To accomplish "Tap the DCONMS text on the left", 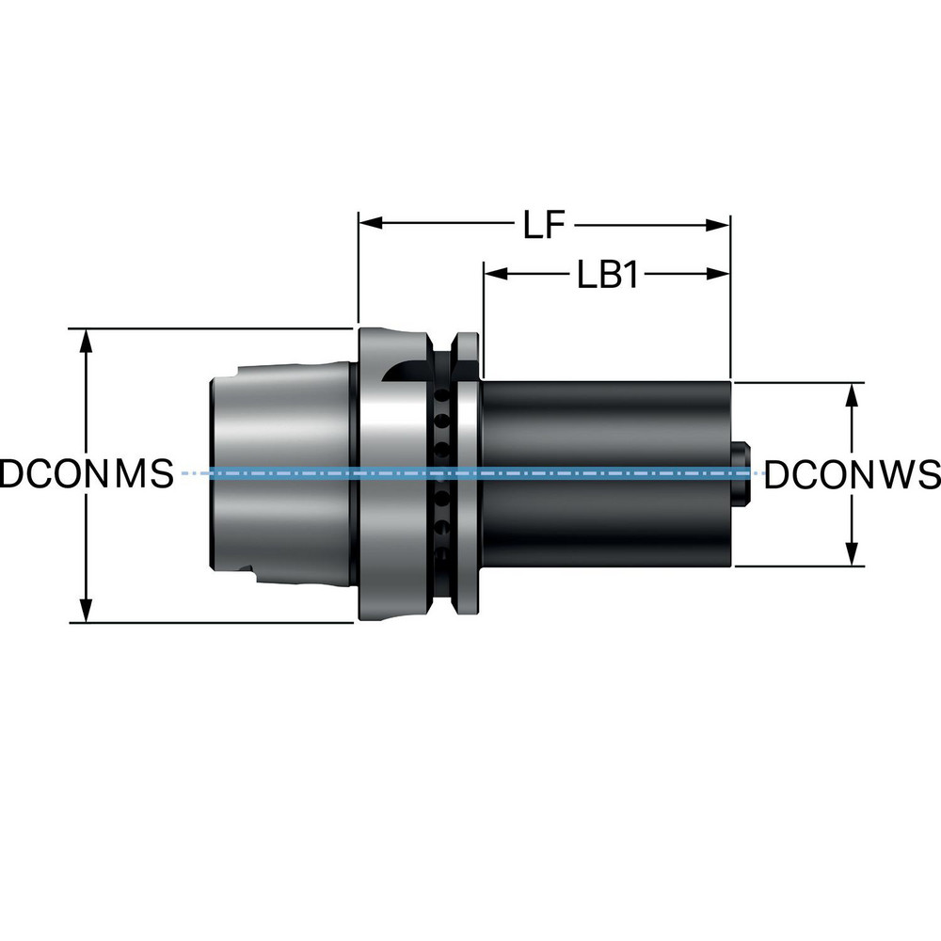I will (87, 473).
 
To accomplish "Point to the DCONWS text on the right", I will (852, 474).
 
